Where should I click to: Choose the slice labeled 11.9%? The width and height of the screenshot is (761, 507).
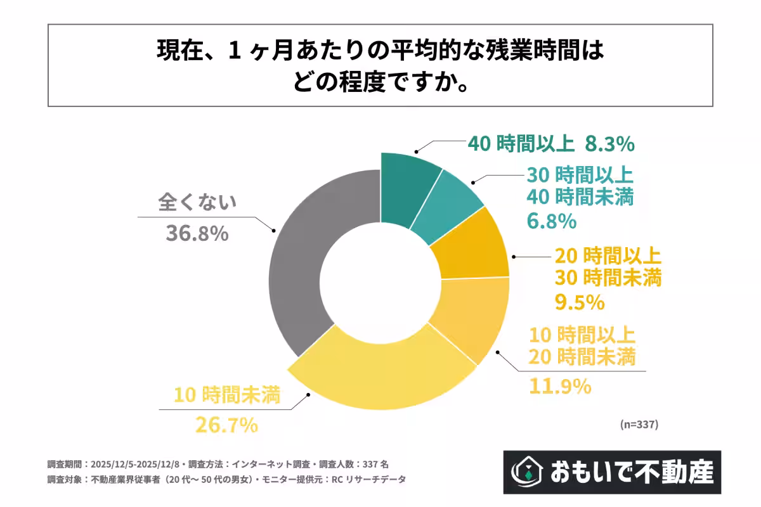[472, 317]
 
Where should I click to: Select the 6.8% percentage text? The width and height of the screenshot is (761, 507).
[551, 221]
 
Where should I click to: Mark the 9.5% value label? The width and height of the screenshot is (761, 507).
[580, 302]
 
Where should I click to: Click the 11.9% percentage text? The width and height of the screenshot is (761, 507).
[561, 385]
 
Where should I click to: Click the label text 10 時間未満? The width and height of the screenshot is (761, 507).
[228, 395]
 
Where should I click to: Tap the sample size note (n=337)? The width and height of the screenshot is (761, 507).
[639, 424]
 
